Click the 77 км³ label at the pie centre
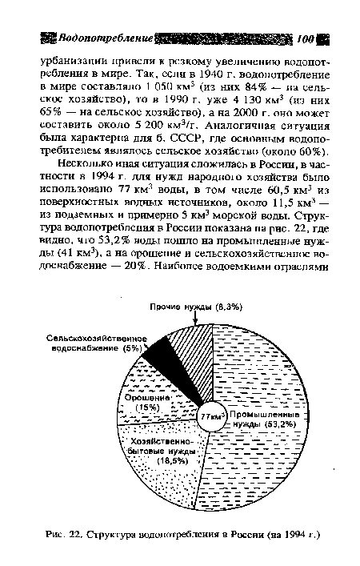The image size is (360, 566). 210,417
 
